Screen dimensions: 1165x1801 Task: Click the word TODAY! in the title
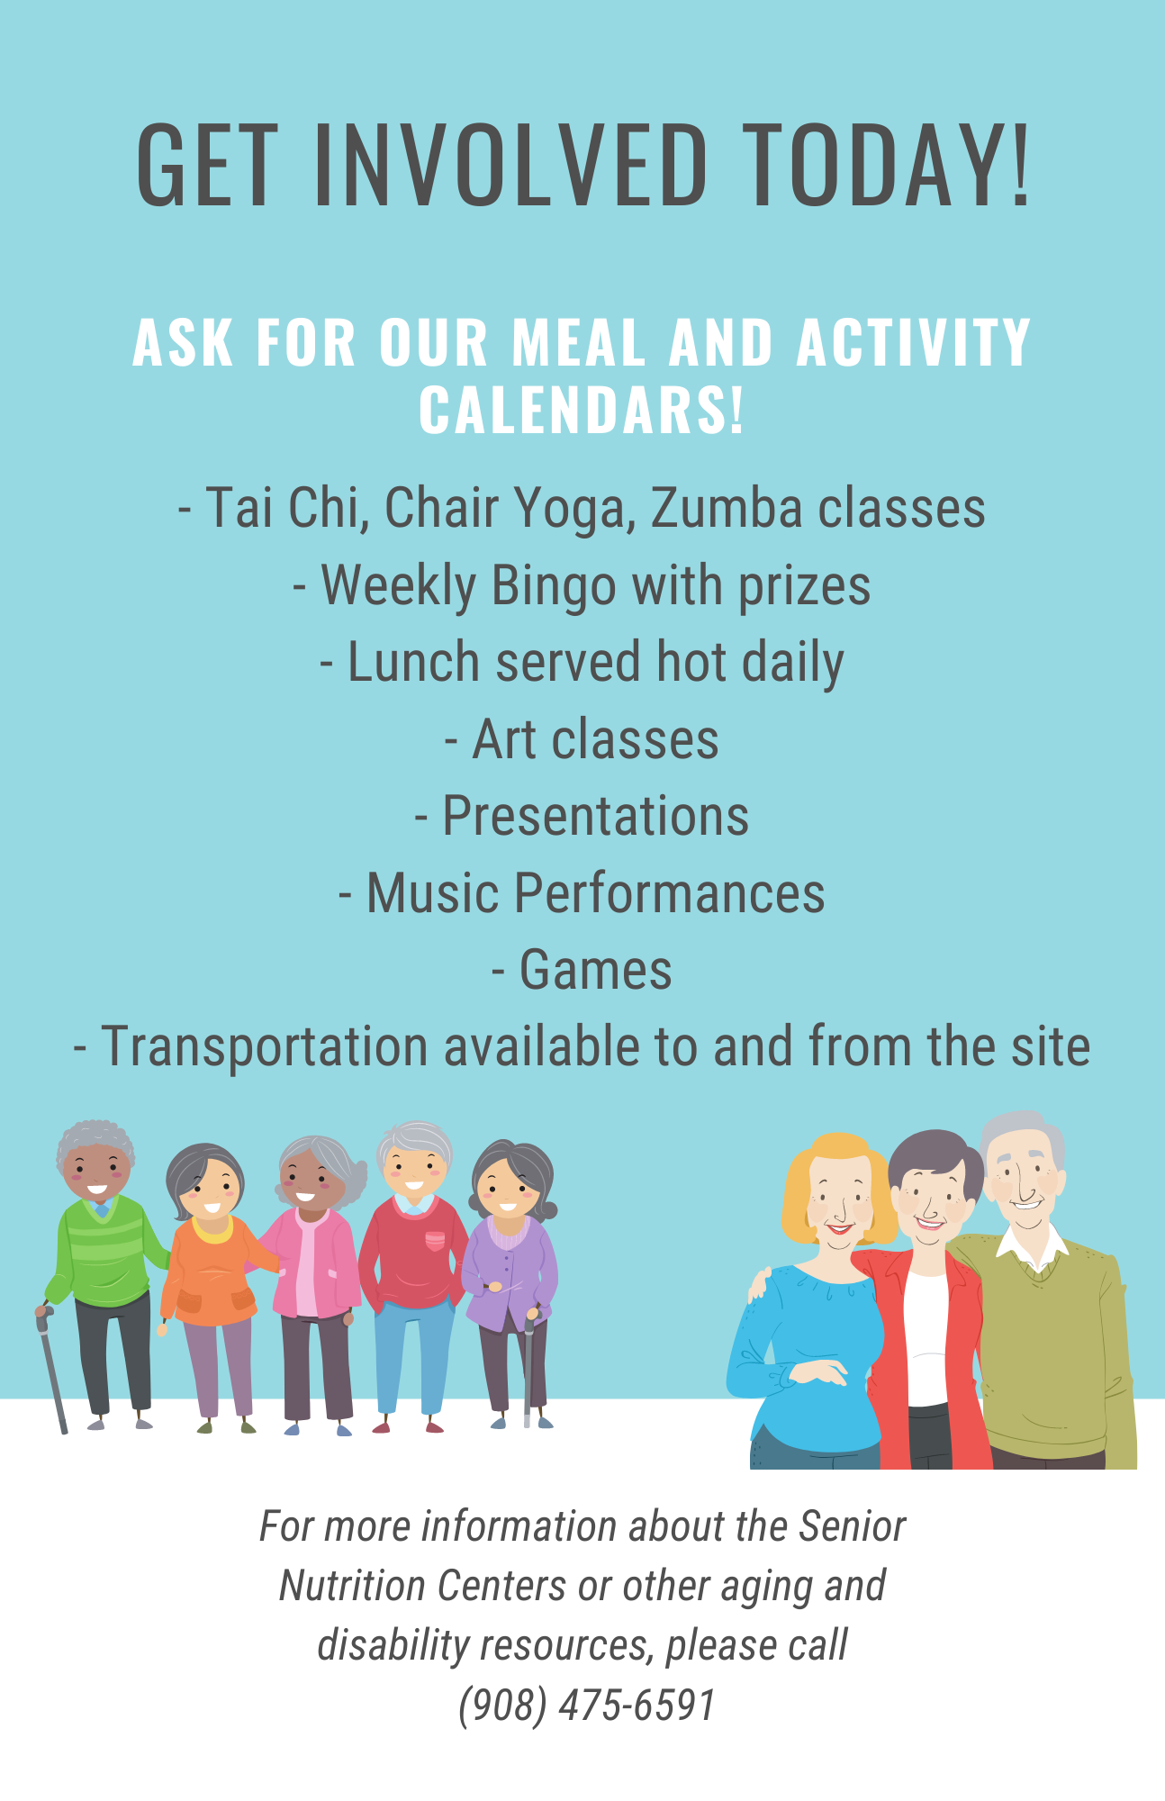[888, 165]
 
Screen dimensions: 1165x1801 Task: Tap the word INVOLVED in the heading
[510, 165]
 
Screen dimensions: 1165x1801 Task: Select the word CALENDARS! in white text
[582, 410]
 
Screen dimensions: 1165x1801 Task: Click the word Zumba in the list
[727, 507]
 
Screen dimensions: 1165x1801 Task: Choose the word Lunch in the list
[414, 662]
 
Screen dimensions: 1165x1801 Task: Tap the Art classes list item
[582, 739]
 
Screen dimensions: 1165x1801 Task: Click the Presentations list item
[582, 817]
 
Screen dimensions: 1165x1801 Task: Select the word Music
[433, 893]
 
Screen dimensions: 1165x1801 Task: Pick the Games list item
[582, 971]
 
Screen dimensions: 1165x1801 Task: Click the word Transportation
[265, 1047]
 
